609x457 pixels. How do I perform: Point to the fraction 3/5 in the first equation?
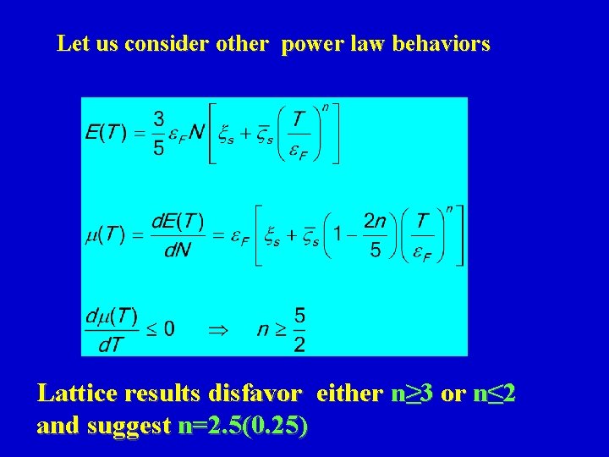(x=158, y=134)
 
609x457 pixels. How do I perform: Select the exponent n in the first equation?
(x=326, y=107)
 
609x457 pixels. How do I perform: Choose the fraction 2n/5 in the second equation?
(x=375, y=236)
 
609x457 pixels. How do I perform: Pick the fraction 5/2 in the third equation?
(x=299, y=329)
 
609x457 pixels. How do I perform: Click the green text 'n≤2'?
(x=494, y=394)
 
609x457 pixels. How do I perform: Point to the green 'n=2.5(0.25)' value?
(x=244, y=426)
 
